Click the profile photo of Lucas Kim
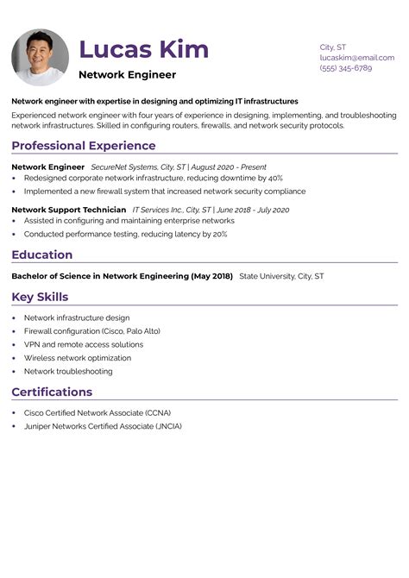pyautogui.click(x=40, y=57)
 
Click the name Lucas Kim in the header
pyautogui.click(x=143, y=48)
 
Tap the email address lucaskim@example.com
pyautogui.click(x=356, y=57)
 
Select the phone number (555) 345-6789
pyautogui.click(x=345, y=67)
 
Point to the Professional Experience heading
pyautogui.click(x=84, y=146)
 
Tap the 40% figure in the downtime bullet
pyautogui.click(x=273, y=179)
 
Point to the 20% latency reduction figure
pyautogui.click(x=219, y=234)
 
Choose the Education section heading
pyautogui.click(x=41, y=254)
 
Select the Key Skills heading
pyautogui.click(x=40, y=297)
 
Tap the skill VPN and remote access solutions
pyautogui.click(x=83, y=344)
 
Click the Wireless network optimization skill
pyautogui.click(x=78, y=357)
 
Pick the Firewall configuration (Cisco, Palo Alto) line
pyautogui.click(x=91, y=330)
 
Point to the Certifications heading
pyautogui.click(x=52, y=392)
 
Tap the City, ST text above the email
pyautogui.click(x=333, y=47)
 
